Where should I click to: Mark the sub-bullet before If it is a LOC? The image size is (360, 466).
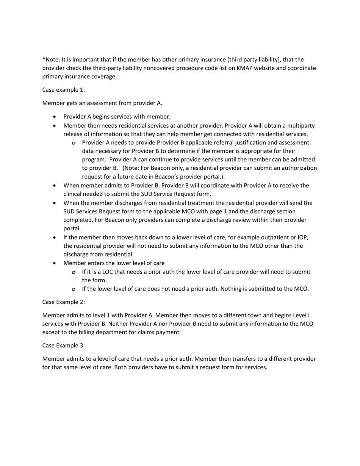[74, 272]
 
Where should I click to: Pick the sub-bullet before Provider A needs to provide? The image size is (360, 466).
[74, 143]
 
